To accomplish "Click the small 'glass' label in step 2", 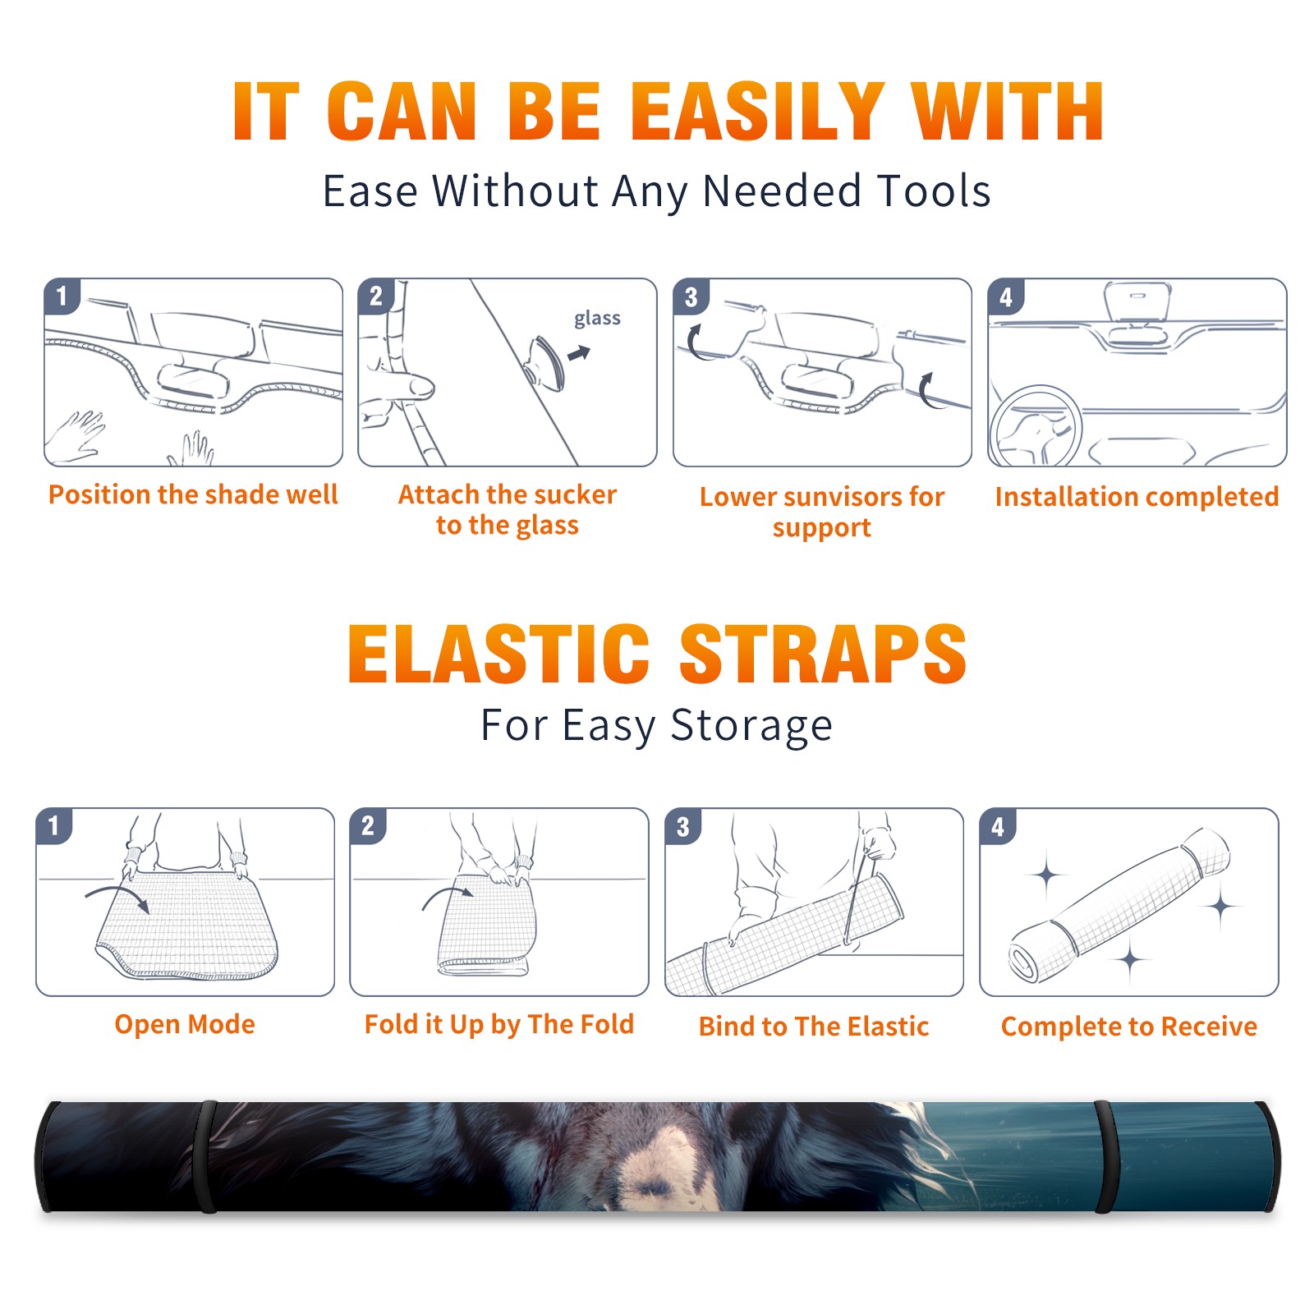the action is pos(597,319).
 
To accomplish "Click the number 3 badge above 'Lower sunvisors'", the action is pos(691,296).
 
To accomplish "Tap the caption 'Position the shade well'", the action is pos(193,494).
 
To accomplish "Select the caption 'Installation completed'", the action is pos(1137,496).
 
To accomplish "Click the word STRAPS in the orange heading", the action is pos(823,654).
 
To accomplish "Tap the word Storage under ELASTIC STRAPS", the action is pos(751,726).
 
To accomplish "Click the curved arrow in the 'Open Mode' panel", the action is pos(117,897).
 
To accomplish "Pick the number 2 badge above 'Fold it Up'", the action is pos(368,825).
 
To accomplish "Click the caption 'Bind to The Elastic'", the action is pos(813,1027).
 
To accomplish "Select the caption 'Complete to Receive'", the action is pos(1128,1027).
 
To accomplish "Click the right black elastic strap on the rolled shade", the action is pos(1105,1156).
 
